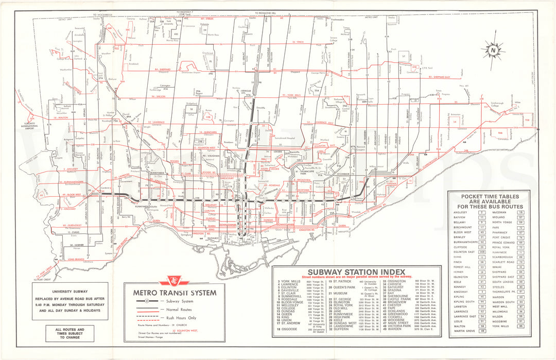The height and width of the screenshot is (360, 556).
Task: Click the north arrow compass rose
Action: click(x=493, y=50)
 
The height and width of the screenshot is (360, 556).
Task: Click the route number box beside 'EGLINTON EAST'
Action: click(x=482, y=251)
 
